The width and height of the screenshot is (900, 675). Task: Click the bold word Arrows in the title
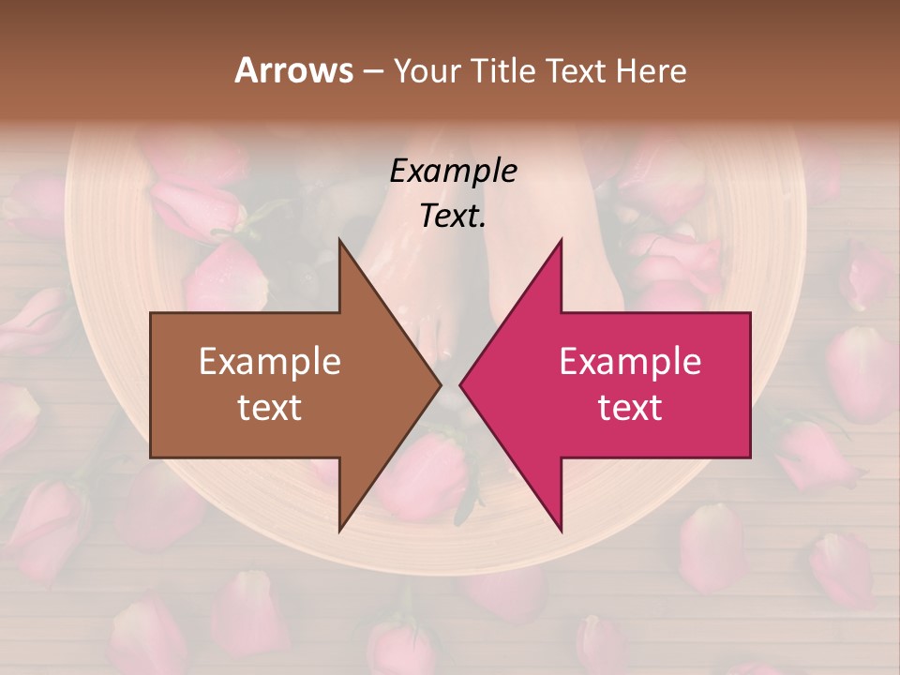click(294, 70)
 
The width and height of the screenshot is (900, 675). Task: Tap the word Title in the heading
click(502, 70)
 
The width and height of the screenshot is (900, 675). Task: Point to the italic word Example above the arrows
click(453, 172)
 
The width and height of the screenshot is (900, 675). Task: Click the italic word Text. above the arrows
click(453, 217)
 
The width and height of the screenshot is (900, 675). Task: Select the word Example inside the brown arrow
click(269, 361)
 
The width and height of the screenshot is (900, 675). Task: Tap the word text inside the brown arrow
click(269, 408)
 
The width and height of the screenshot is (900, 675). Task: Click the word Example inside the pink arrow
click(630, 361)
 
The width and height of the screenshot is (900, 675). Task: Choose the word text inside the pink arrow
click(630, 408)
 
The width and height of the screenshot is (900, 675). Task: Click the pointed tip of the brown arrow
click(441, 384)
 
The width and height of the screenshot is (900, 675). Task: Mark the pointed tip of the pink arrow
click(460, 384)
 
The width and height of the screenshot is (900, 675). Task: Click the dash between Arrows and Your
click(372, 72)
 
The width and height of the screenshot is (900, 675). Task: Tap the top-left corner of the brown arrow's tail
click(152, 313)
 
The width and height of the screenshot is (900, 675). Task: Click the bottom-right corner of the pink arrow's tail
click(749, 457)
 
